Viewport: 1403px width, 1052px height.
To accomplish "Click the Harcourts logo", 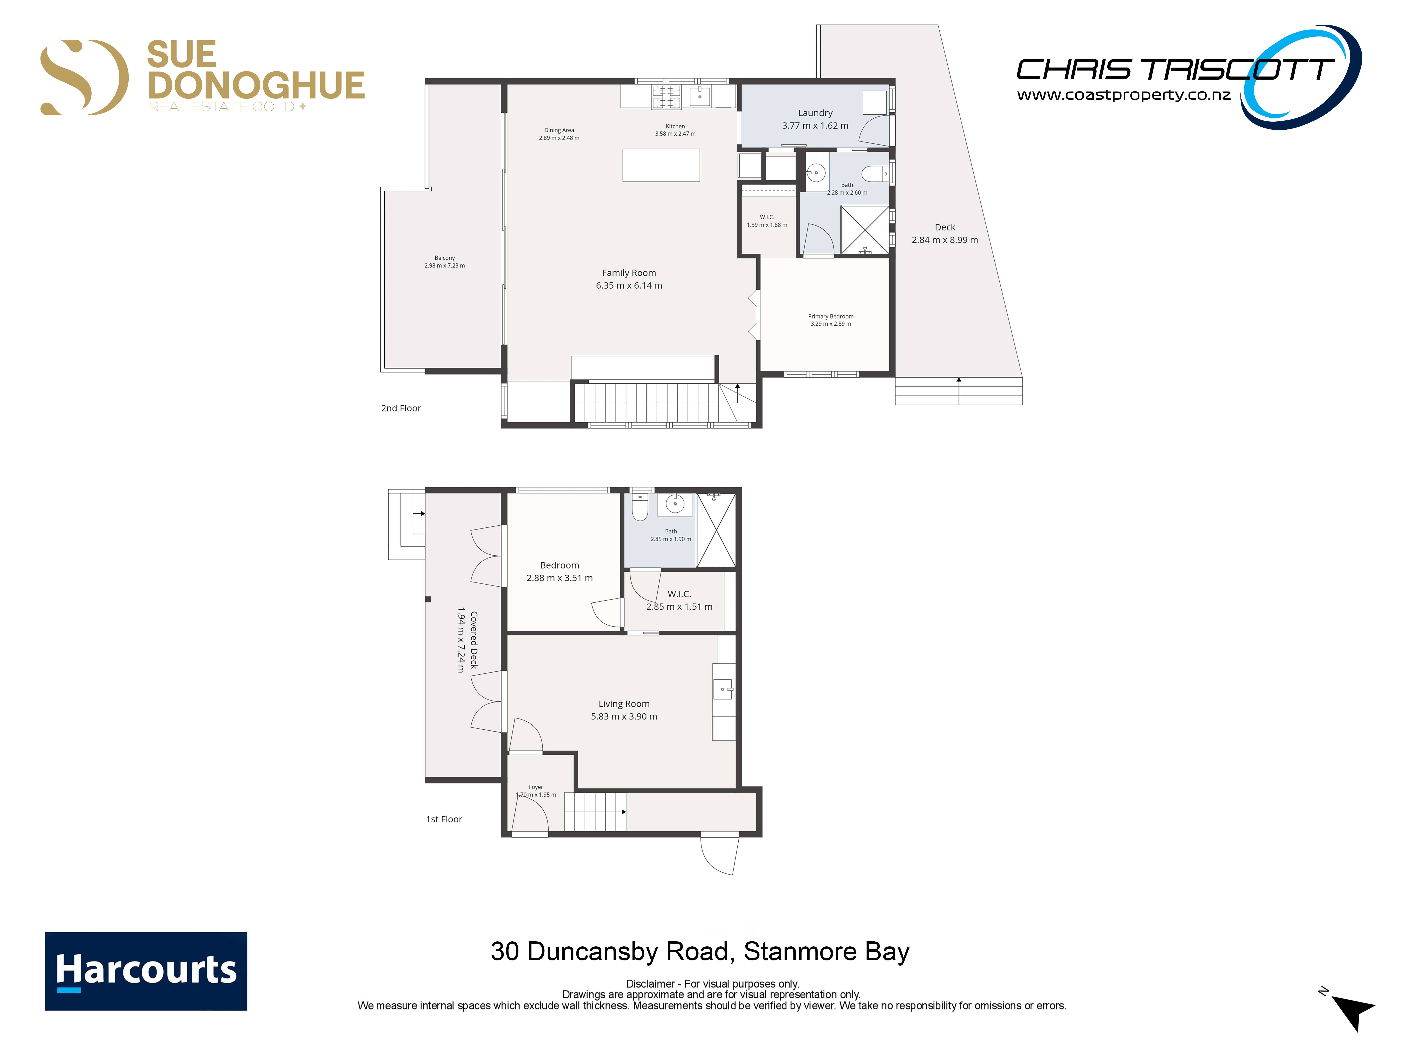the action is (146, 971).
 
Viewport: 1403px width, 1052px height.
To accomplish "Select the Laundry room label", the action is (815, 113).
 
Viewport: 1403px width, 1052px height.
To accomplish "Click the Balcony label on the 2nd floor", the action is (445, 258).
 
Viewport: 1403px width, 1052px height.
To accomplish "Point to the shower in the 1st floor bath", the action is (716, 530).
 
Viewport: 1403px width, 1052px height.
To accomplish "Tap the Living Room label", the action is (624, 704).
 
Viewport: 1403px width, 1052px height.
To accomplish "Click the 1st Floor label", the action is (444, 819).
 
